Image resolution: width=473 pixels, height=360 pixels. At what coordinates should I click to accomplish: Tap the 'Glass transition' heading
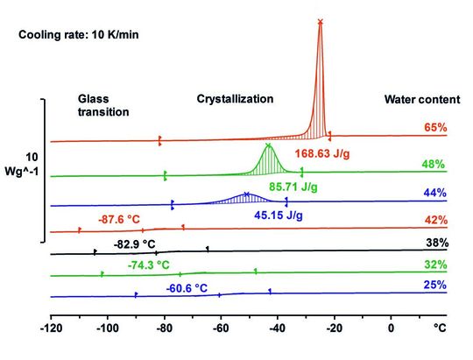[103, 106]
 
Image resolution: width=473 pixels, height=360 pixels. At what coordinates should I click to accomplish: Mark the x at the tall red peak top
[320, 21]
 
